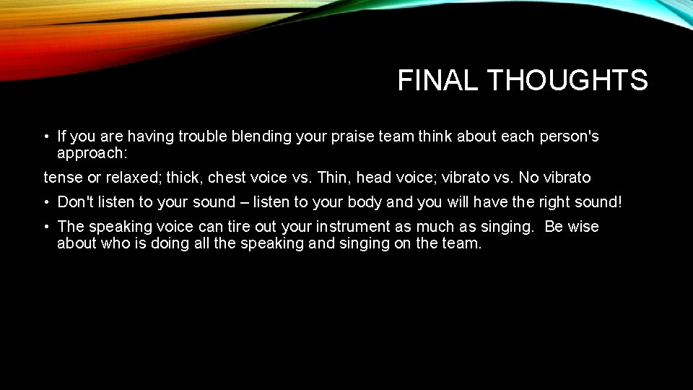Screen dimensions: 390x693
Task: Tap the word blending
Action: [x=262, y=136]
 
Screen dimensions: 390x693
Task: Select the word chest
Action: [x=227, y=177]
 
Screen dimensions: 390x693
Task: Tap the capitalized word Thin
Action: [x=336, y=177]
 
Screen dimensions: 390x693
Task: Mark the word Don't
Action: [x=75, y=202]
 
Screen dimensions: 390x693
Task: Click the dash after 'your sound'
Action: [x=247, y=202]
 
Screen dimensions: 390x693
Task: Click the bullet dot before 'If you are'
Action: [x=45, y=137]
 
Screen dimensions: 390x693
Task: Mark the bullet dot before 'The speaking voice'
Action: [x=45, y=227]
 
